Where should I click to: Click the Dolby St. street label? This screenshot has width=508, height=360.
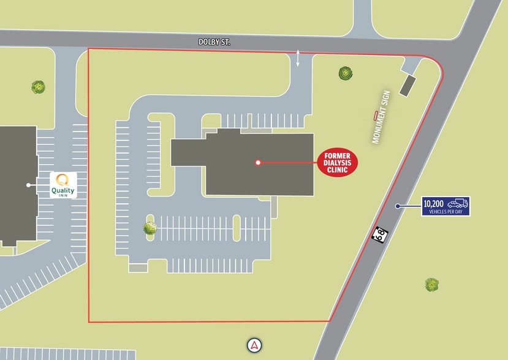click(214, 42)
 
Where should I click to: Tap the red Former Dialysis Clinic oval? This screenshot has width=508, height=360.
click(337, 162)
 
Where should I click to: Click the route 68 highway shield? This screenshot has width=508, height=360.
click(380, 234)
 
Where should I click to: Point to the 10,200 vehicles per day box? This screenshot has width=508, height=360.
click(445, 206)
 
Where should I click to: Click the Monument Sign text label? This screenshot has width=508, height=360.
click(381, 118)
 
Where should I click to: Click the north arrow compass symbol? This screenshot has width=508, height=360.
click(254, 345)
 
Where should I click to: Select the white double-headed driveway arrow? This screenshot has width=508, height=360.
click(298, 58)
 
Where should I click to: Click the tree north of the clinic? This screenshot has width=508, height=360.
click(346, 73)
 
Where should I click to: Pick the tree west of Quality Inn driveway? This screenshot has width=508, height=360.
click(39, 87)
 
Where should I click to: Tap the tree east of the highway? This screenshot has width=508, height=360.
click(432, 284)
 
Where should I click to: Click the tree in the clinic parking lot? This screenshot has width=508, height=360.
click(150, 228)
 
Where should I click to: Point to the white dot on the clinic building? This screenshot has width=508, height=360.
click(258, 162)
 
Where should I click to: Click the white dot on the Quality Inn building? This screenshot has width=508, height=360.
click(28, 185)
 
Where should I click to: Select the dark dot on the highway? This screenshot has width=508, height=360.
click(398, 206)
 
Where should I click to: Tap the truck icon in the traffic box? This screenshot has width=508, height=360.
click(458, 203)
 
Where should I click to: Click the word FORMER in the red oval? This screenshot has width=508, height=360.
click(337, 156)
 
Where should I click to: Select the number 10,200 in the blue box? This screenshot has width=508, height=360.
click(434, 204)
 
